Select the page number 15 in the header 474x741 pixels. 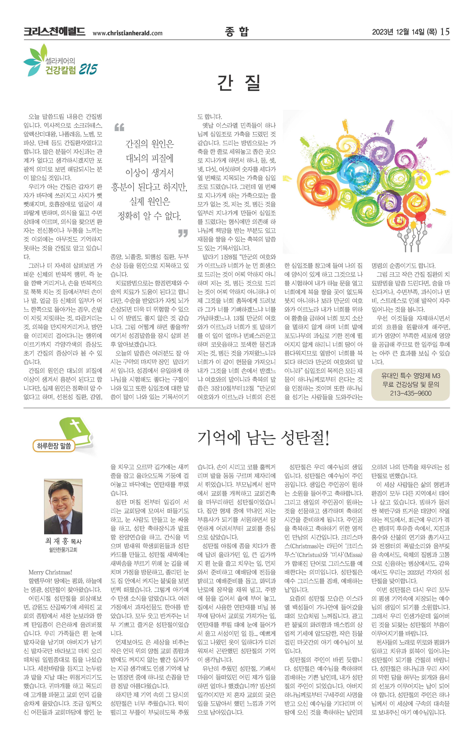tap(445, 32)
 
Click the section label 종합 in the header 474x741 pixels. tap(237, 32)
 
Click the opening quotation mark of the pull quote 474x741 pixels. tap(119, 127)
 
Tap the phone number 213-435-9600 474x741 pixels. tap(411, 393)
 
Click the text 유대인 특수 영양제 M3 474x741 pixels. tap(411, 376)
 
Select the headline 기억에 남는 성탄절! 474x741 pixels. tap(263, 438)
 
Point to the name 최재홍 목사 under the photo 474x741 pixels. tap(63, 541)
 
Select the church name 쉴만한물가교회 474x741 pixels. tap(63, 550)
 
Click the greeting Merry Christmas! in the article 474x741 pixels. tap(50, 572)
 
